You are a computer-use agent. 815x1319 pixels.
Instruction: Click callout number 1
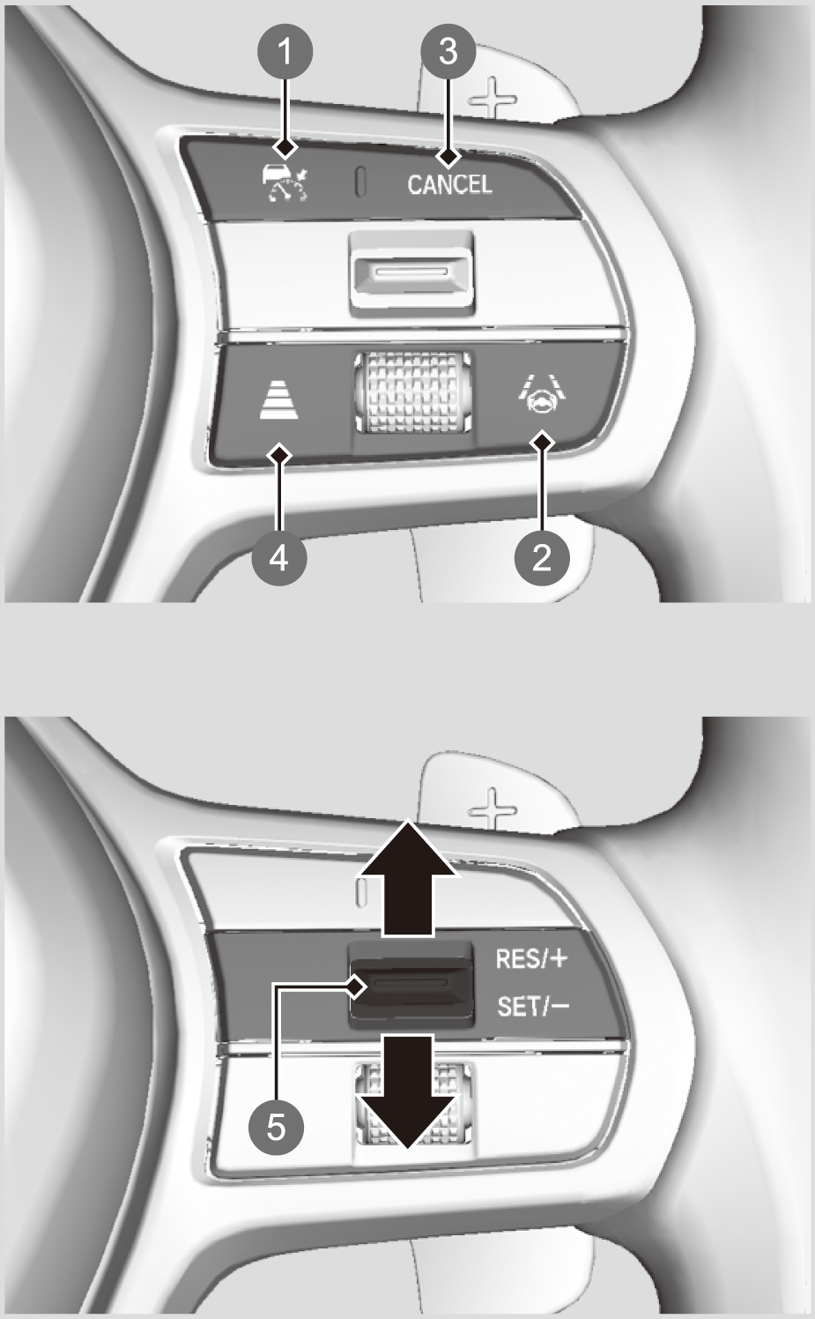click(285, 51)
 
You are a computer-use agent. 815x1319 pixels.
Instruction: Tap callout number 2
click(542, 556)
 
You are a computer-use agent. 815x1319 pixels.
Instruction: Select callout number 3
click(448, 51)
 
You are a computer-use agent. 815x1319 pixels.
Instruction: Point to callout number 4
click(279, 556)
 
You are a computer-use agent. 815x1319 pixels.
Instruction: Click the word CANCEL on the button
click(449, 185)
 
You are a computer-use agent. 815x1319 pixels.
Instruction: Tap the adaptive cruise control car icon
click(285, 183)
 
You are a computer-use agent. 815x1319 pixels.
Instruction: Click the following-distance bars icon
click(279, 399)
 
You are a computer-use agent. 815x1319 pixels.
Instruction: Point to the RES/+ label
click(531, 958)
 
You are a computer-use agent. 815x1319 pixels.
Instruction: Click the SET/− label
click(532, 1006)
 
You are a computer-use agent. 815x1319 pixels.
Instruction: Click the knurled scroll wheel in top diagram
click(413, 393)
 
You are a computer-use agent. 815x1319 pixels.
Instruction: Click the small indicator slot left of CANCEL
click(360, 181)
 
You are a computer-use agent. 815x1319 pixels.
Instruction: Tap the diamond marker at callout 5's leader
click(355, 987)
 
